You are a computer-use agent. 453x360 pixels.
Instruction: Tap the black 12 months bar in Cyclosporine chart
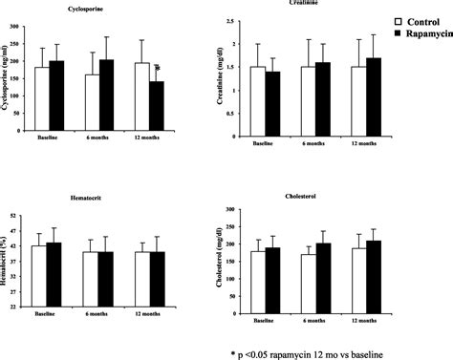[155, 102]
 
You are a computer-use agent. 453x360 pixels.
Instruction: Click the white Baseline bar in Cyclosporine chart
[42, 95]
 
